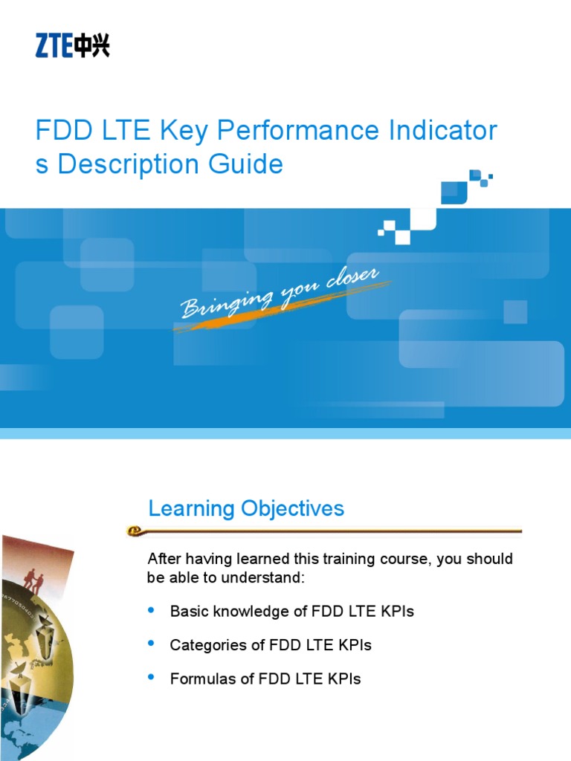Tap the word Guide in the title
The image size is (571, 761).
point(250,164)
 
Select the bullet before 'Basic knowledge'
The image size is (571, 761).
point(152,610)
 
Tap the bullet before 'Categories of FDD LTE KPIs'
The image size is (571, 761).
point(152,644)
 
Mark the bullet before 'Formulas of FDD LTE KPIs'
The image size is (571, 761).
point(152,677)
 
